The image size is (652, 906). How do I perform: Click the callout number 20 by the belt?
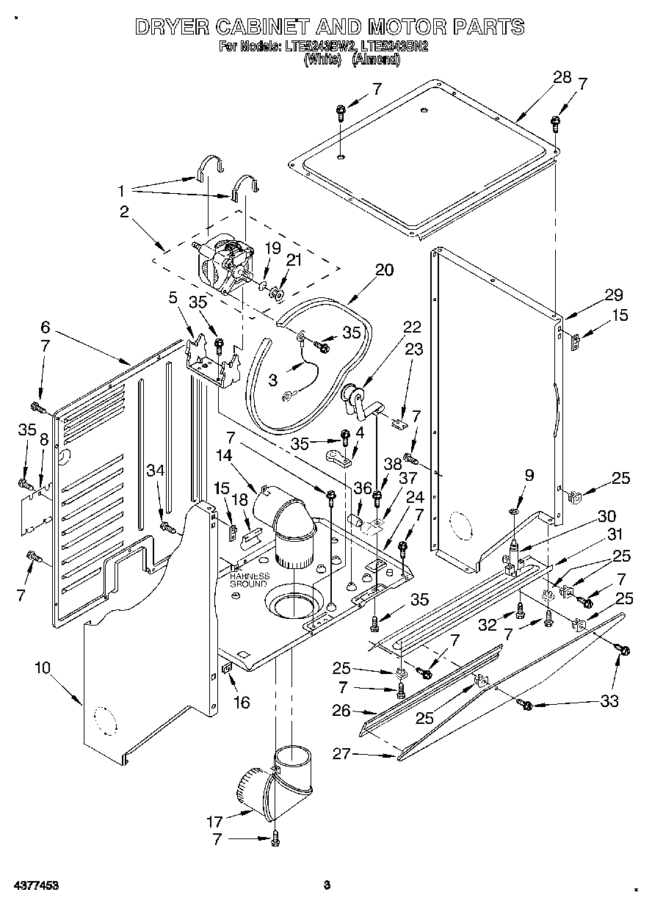coord(384,269)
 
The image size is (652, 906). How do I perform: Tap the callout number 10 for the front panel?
coord(43,667)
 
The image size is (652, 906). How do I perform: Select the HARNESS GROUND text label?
coord(250,580)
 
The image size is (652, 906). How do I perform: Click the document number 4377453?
coord(35,885)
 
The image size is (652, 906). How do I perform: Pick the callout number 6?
coord(45,328)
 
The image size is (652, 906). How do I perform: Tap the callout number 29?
coord(613,295)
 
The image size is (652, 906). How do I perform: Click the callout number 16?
coord(241,703)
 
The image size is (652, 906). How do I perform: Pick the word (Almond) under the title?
coord(376,60)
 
